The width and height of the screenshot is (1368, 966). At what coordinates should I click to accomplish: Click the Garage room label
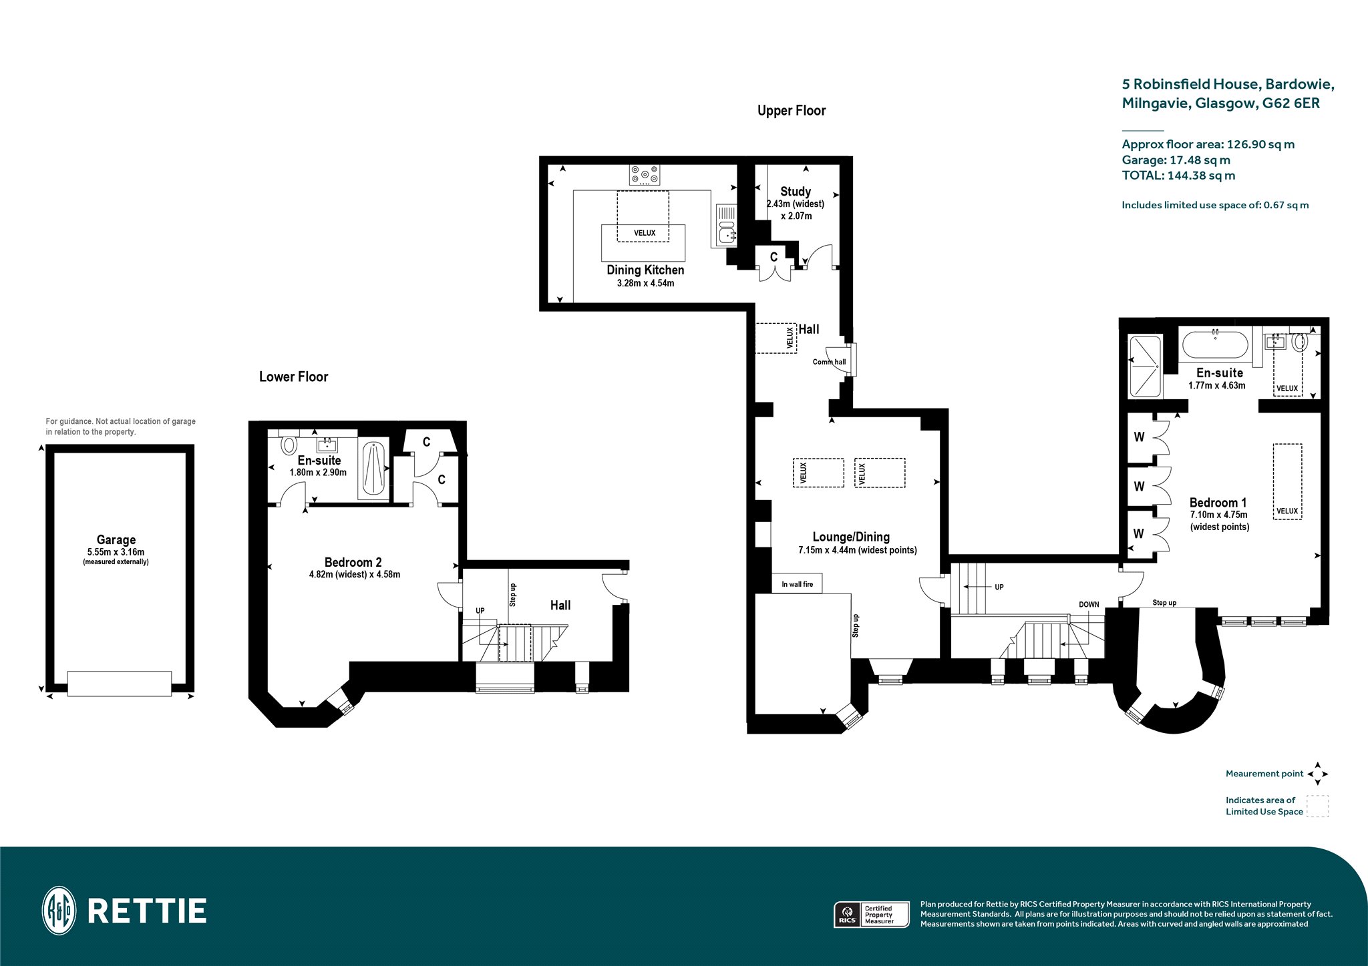[116, 539]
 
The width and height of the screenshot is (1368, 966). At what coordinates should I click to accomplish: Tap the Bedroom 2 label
[353, 562]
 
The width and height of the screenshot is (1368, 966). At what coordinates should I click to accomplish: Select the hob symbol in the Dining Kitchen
[644, 175]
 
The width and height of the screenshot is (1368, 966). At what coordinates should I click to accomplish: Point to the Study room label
[796, 192]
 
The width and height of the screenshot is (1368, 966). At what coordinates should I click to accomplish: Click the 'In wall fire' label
[798, 584]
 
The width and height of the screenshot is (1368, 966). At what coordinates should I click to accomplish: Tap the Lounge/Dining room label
[851, 537]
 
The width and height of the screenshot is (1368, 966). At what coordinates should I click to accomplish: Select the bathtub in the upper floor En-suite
[1215, 346]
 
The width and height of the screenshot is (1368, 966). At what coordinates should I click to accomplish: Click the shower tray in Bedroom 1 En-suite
[1145, 367]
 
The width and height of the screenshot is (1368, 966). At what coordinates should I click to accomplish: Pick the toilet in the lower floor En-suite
[289, 445]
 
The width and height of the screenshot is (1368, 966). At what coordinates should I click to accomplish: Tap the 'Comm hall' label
[829, 362]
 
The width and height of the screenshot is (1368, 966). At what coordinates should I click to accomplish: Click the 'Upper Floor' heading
[792, 111]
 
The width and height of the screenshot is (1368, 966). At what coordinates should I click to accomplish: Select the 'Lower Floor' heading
[294, 377]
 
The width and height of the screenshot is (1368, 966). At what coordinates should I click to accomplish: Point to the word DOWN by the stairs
[1089, 604]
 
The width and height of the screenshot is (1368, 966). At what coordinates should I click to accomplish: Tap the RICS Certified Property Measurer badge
[872, 914]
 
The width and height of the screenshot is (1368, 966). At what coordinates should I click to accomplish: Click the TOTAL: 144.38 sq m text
[1178, 176]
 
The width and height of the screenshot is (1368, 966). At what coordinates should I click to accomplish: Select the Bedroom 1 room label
[1218, 503]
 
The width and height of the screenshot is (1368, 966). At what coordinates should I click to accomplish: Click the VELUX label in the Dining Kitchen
[645, 233]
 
